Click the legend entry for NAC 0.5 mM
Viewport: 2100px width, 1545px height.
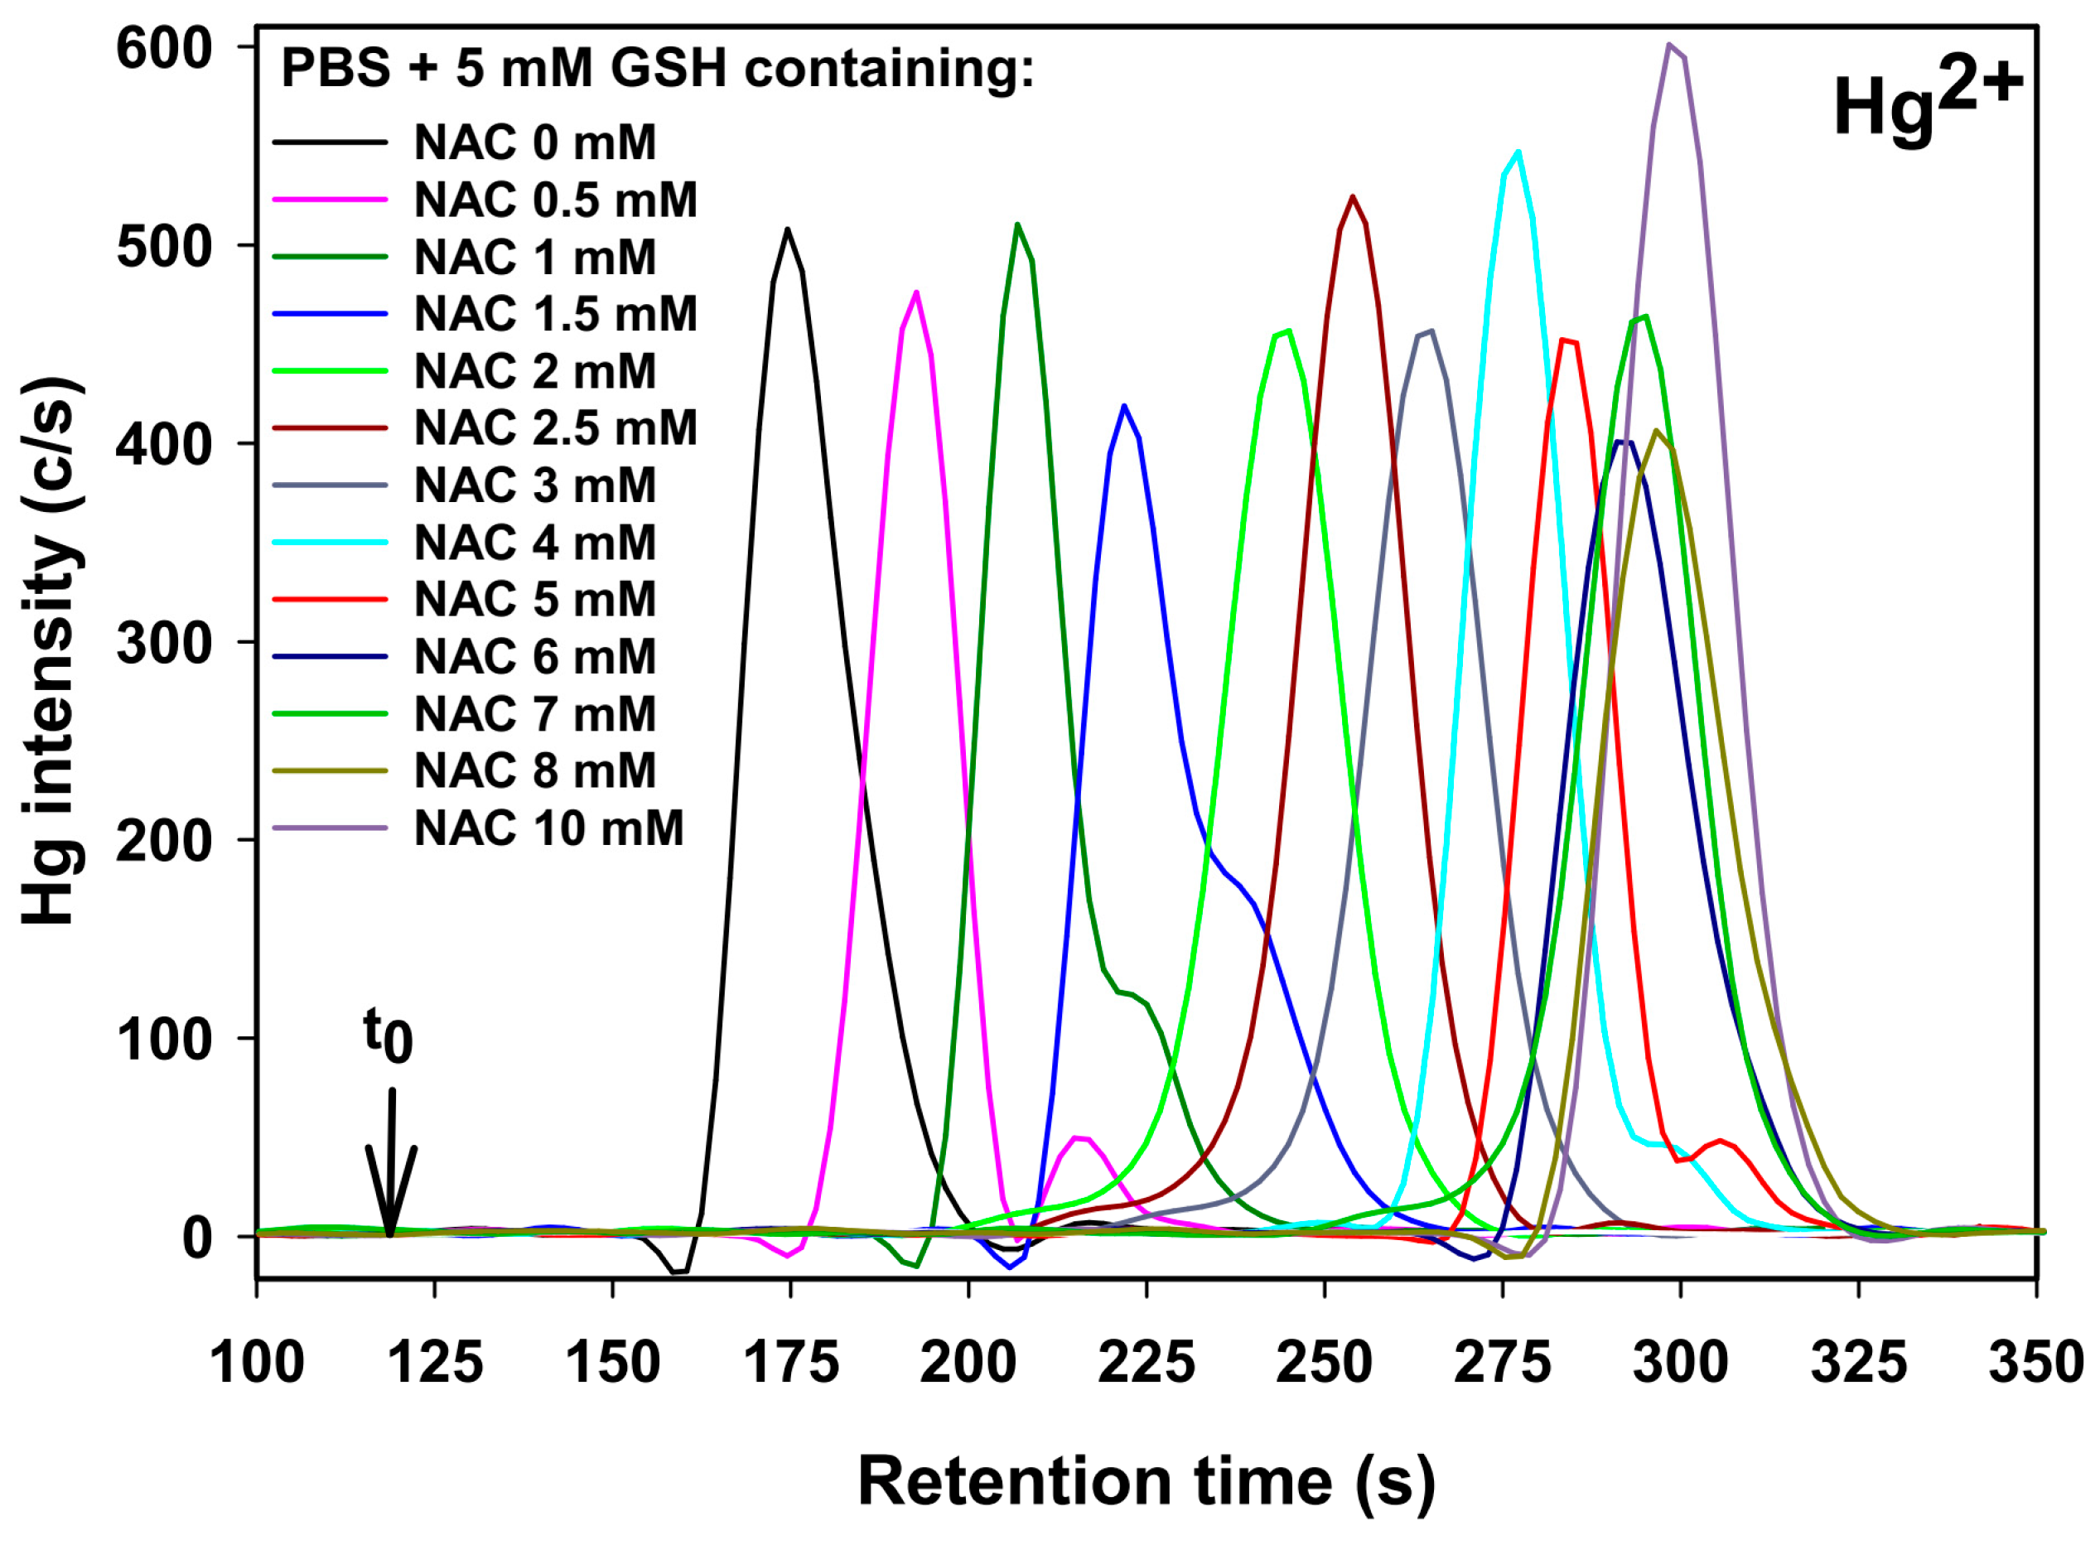555,199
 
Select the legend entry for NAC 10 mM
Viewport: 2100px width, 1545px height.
549,828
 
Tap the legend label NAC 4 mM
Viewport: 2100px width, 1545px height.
535,543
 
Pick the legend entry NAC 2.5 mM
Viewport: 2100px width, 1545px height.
555,427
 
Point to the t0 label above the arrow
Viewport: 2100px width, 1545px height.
387,1036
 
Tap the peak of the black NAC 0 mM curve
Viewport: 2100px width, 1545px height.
787,230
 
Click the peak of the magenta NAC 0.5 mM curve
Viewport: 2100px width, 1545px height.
916,293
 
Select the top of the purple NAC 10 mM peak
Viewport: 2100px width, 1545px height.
1669,45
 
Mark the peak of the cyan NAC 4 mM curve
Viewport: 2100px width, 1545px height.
1518,152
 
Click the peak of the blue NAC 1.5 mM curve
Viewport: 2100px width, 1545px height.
1124,406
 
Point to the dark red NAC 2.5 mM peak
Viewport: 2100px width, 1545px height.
1352,197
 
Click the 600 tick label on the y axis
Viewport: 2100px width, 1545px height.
165,49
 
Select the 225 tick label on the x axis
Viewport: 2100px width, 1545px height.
1147,1363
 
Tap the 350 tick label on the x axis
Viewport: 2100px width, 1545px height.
2035,1363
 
